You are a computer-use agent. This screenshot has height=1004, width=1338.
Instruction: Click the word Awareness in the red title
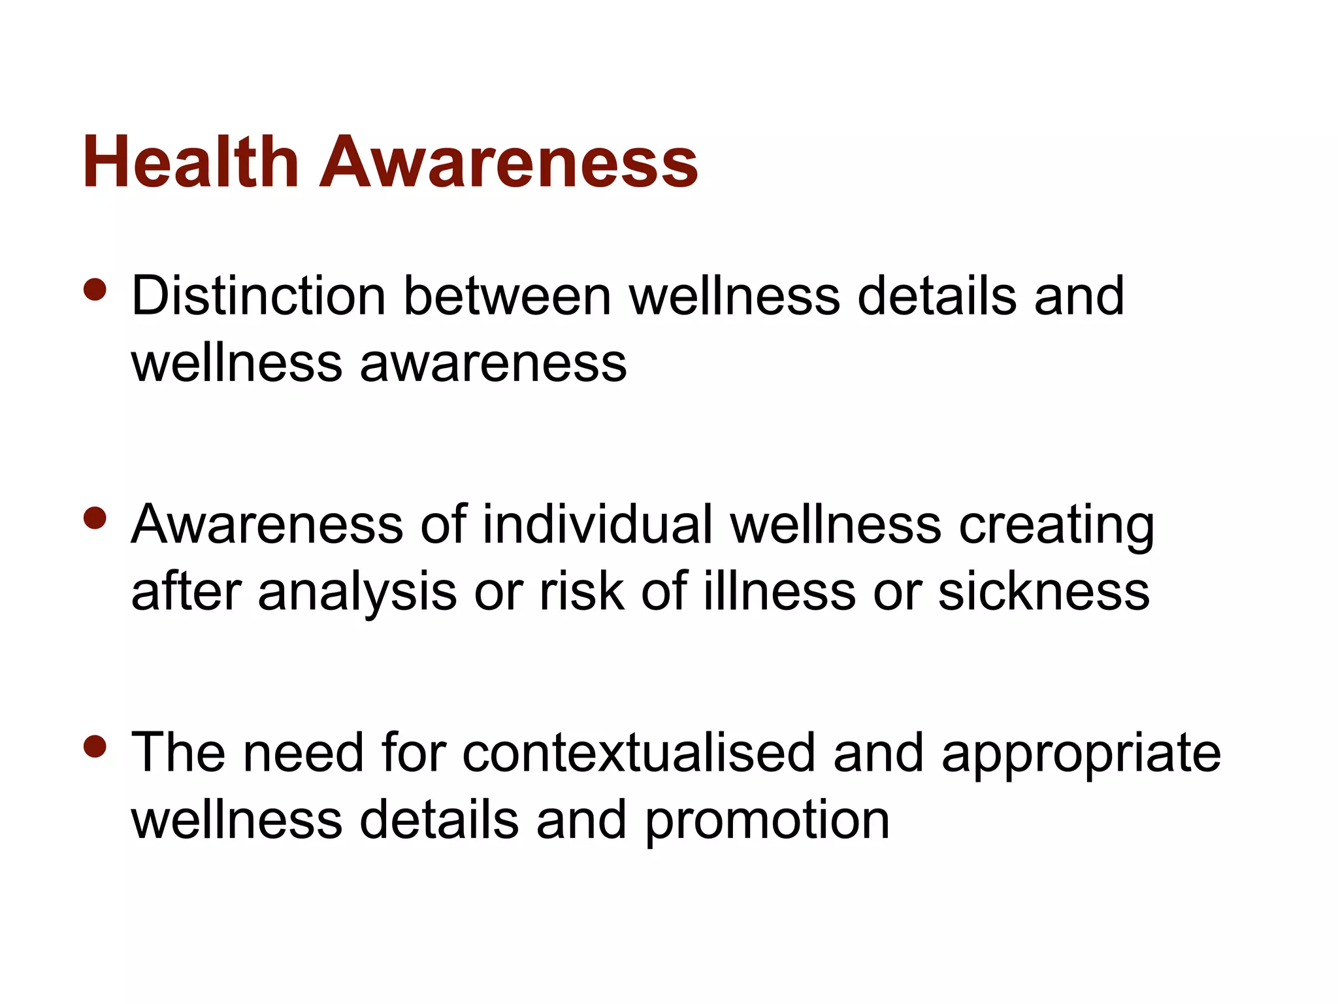point(509,161)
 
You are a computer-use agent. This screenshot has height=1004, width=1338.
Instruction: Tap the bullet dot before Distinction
point(95,290)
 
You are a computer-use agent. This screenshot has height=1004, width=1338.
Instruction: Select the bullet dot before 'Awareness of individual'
point(95,518)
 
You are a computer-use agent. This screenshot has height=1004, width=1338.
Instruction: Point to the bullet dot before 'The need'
point(95,746)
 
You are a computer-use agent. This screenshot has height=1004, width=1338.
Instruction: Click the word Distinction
point(259,296)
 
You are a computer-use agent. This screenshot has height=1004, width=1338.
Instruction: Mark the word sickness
point(1044,591)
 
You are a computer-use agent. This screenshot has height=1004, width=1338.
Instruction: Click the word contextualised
point(639,753)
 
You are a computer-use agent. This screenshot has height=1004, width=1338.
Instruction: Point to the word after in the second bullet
point(186,591)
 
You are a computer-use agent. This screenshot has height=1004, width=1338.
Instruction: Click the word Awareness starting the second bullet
point(267,524)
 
